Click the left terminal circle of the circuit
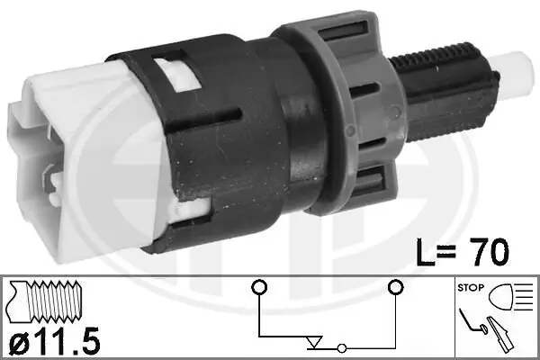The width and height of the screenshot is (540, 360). click(x=258, y=288)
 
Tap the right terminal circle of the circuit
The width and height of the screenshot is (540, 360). click(x=393, y=288)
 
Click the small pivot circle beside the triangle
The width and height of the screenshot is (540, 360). click(x=342, y=347)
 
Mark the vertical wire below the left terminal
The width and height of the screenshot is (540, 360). click(x=258, y=315)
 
